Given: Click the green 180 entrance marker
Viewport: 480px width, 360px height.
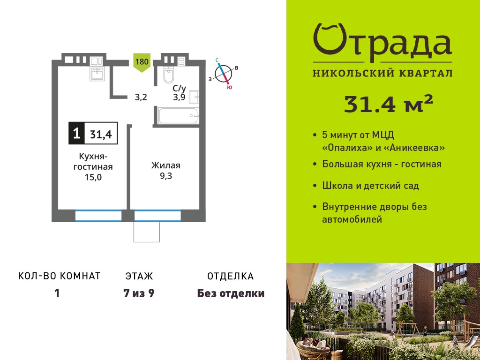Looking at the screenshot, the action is (142, 62).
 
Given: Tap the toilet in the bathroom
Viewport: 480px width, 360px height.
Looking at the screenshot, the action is (169, 75).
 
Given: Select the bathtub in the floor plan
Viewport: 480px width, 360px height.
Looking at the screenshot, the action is (179, 116).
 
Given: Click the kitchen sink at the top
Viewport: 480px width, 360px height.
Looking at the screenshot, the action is (97, 74).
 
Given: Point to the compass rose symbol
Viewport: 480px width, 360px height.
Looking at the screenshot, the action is (224, 74).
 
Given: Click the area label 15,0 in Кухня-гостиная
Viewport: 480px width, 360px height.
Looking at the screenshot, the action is (93, 177).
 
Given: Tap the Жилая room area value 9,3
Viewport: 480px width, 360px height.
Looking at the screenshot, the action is (166, 176).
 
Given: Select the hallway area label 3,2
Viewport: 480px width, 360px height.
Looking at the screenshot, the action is (141, 97).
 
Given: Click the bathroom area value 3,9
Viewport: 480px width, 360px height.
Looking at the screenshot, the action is (179, 97).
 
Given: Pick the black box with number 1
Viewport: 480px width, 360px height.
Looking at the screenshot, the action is (76, 133).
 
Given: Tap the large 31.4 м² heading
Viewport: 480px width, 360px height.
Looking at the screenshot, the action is (389, 104).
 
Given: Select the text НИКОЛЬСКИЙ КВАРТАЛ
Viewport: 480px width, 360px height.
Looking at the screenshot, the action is (382, 73).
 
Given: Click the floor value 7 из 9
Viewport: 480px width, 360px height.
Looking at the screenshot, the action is (139, 293).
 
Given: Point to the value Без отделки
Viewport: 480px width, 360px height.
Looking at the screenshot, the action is (231, 293).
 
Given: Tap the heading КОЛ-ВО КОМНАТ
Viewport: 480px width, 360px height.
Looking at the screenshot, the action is (60, 276).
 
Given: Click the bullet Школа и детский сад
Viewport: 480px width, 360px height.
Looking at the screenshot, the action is (371, 186).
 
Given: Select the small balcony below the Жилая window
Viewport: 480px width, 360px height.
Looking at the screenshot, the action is (147, 232).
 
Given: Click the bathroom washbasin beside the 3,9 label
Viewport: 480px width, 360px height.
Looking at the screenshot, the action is (194, 97).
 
